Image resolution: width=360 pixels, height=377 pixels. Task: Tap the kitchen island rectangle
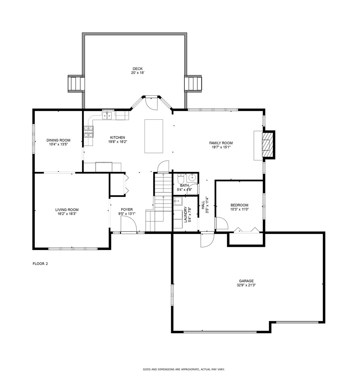(154, 136)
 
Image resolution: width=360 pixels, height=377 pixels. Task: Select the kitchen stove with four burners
(88, 132)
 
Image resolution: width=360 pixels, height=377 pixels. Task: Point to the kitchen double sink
(108, 115)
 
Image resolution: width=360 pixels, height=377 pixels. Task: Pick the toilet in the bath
(180, 179)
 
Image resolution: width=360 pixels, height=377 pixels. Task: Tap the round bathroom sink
(192, 179)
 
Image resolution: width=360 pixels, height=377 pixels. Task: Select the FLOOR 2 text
(40, 264)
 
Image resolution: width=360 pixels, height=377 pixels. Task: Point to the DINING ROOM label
(58, 140)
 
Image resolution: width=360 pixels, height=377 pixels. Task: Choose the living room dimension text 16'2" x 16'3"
(67, 214)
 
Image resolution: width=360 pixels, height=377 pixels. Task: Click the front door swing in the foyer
(127, 223)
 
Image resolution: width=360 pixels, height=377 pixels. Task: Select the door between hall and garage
(207, 240)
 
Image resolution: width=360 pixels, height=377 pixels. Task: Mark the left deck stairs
(76, 84)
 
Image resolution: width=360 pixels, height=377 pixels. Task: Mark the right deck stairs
(193, 84)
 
